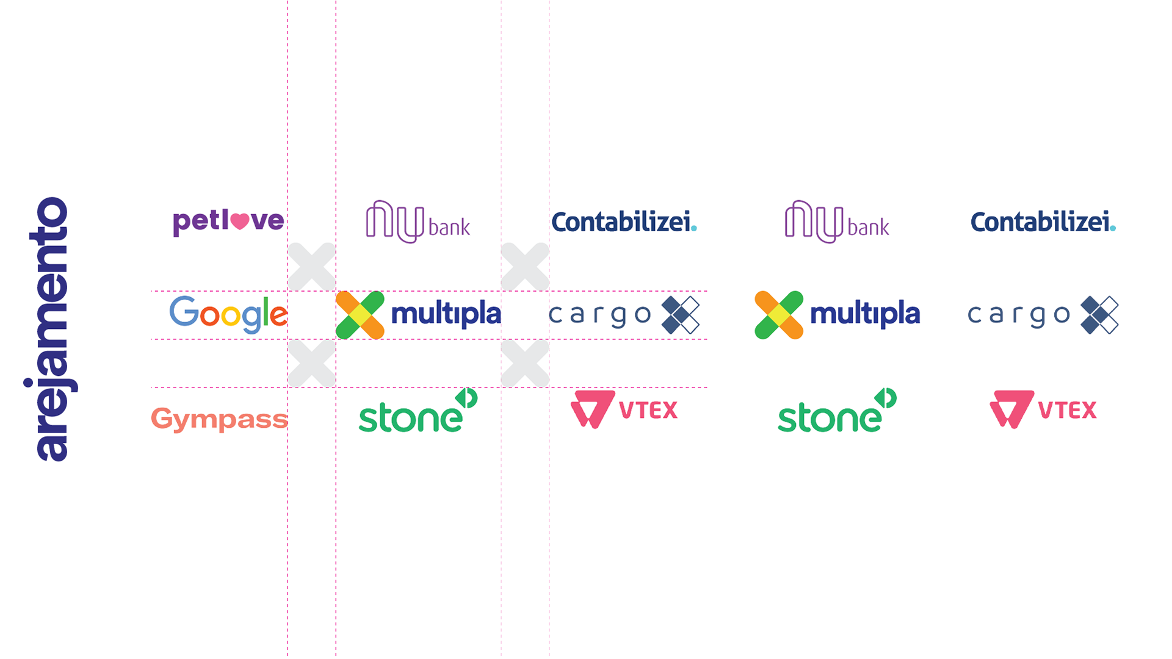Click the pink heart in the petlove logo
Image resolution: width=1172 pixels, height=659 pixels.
pos(240,221)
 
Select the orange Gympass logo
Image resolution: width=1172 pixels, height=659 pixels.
pos(219,419)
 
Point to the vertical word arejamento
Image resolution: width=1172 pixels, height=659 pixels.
pos(52,329)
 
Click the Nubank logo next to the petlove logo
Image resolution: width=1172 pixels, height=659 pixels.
pos(418,222)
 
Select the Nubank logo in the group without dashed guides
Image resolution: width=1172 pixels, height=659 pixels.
pos(837,222)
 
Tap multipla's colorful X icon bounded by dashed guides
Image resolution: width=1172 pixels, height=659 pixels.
pos(360,315)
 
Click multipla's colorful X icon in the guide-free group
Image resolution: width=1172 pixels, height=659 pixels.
pos(779,315)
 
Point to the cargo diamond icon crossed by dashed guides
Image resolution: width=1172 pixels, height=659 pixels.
pos(681,315)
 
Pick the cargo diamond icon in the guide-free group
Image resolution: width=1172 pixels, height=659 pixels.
pos(1099,315)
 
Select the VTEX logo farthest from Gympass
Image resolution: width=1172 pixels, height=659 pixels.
pos(1043,409)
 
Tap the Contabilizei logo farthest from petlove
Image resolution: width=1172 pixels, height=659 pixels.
pos(1043,222)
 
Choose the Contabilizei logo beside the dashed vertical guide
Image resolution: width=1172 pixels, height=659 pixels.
pos(624,222)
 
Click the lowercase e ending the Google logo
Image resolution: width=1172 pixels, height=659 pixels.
pos(279,315)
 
